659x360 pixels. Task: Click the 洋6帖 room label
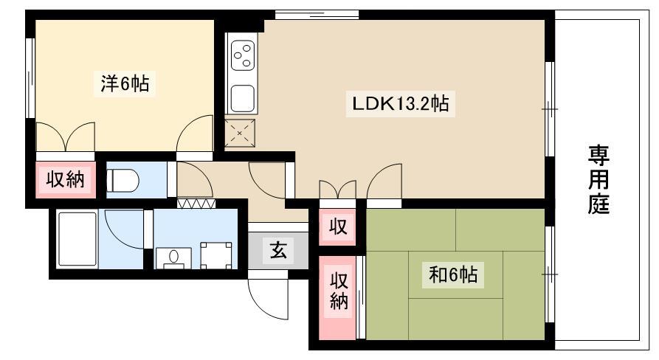pyautogui.click(x=125, y=83)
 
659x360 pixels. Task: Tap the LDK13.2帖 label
pyautogui.click(x=400, y=103)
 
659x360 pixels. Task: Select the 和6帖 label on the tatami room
pyautogui.click(x=453, y=274)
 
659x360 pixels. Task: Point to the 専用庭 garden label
pyautogui.click(x=598, y=179)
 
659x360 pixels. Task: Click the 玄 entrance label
pyautogui.click(x=277, y=251)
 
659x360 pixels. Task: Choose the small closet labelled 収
pyautogui.click(x=337, y=227)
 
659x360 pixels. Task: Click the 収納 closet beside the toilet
pyautogui.click(x=65, y=180)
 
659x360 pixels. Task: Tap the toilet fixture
pyautogui.click(x=123, y=181)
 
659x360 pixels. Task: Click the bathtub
pyautogui.click(x=77, y=239)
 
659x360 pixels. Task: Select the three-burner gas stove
pyautogui.click(x=243, y=55)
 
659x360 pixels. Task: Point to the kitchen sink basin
pyautogui.click(x=243, y=98)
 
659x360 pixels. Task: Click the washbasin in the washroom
pyautogui.click(x=173, y=257)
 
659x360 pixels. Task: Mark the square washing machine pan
pyautogui.click(x=216, y=255)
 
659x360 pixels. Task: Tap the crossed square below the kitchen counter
pyautogui.click(x=240, y=134)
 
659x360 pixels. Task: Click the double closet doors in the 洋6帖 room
pyautogui.click(x=66, y=136)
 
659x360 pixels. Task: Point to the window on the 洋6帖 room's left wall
pyautogui.click(x=30, y=78)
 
